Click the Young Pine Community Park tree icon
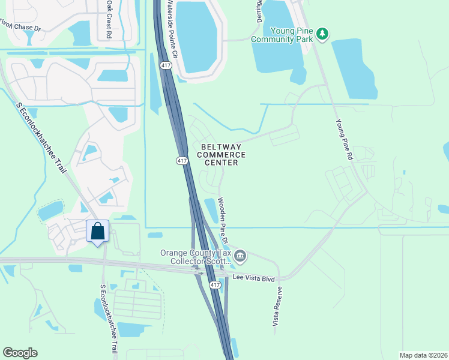point(323,33)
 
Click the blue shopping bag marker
point(98,232)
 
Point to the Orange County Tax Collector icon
point(240,257)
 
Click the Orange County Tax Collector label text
point(196,257)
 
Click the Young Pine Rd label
point(344,139)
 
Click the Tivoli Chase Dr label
point(19,25)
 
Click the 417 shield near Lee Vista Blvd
point(215,285)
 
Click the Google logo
point(20,353)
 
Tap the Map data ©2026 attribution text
point(423,355)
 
